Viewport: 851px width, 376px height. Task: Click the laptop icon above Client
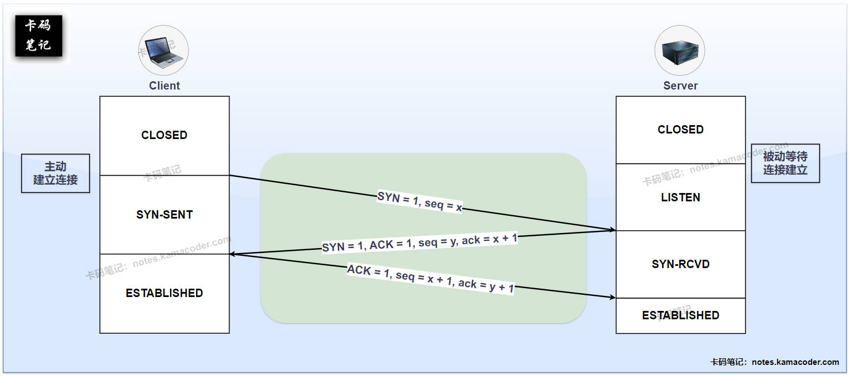coord(163,51)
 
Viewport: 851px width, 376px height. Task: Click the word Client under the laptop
coord(165,86)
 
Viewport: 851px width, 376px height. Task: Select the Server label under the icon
coord(680,86)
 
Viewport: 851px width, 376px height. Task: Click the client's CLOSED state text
coord(165,135)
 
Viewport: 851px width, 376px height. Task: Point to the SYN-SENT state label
coord(165,215)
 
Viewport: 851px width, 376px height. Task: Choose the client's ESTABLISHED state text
coord(165,293)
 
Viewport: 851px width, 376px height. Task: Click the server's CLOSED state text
coord(680,130)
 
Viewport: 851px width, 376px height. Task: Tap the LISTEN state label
coord(680,197)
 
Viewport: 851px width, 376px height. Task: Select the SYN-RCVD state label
coord(680,264)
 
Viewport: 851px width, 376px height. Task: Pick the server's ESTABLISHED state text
coord(680,315)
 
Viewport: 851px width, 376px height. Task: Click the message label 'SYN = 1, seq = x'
coord(420,202)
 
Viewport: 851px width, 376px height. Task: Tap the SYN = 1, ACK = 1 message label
coord(420,242)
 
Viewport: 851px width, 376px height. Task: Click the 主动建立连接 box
coord(56,174)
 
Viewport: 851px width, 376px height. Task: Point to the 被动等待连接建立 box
coord(785,164)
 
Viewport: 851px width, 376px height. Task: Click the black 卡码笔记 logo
coord(38,37)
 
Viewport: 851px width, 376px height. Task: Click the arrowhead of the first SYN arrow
coord(612,229)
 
